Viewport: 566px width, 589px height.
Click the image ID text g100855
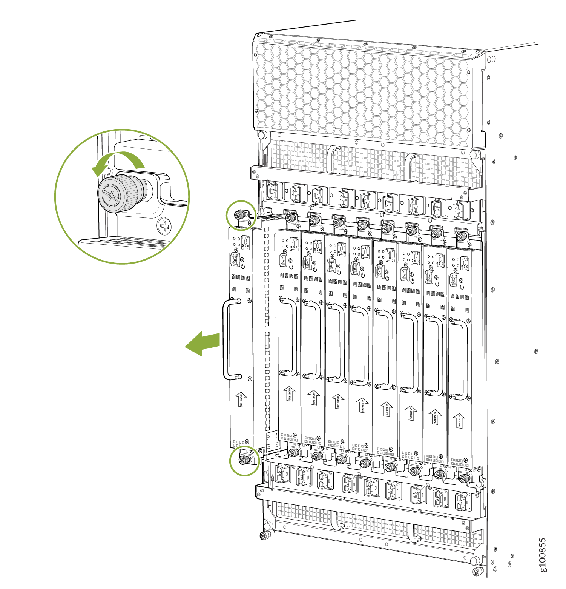pyautogui.click(x=543, y=555)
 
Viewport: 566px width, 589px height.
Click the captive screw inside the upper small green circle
pyautogui.click(x=239, y=216)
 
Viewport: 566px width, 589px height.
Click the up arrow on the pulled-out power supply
pyautogui.click(x=241, y=399)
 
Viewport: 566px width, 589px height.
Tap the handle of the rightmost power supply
pyautogui.click(x=464, y=359)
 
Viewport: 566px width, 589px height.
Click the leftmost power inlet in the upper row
pyautogui.click(x=273, y=190)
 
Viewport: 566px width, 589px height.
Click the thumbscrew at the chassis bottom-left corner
pyautogui.click(x=264, y=535)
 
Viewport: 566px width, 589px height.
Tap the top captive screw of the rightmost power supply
pyautogui.click(x=461, y=236)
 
